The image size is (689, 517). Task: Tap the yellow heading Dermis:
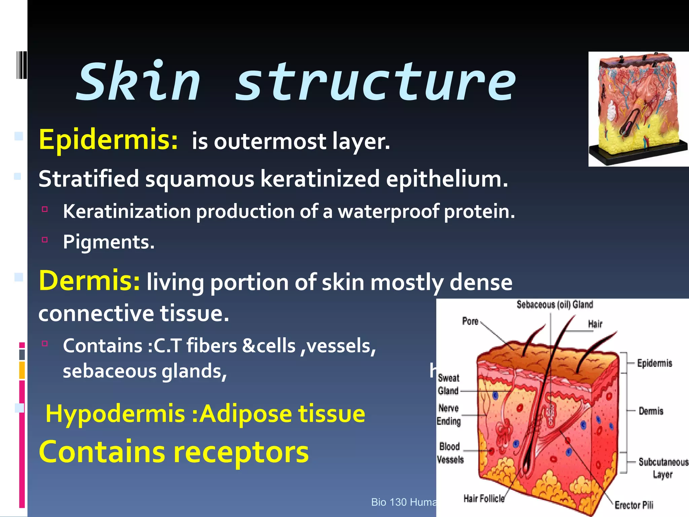(x=89, y=281)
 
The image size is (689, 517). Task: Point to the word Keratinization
(x=127, y=212)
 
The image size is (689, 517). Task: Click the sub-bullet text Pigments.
(x=109, y=242)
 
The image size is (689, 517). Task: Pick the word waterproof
(x=388, y=212)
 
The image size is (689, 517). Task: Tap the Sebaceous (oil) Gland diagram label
(x=555, y=305)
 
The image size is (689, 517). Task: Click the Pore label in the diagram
(x=470, y=321)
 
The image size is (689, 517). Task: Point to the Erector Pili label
(x=634, y=505)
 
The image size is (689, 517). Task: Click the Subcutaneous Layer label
(x=662, y=468)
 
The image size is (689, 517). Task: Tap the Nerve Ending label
(x=448, y=415)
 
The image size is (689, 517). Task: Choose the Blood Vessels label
(x=450, y=453)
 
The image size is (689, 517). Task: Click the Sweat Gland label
(x=448, y=384)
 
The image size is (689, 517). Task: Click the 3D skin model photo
(x=638, y=109)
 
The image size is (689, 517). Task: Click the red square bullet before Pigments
(x=45, y=240)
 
